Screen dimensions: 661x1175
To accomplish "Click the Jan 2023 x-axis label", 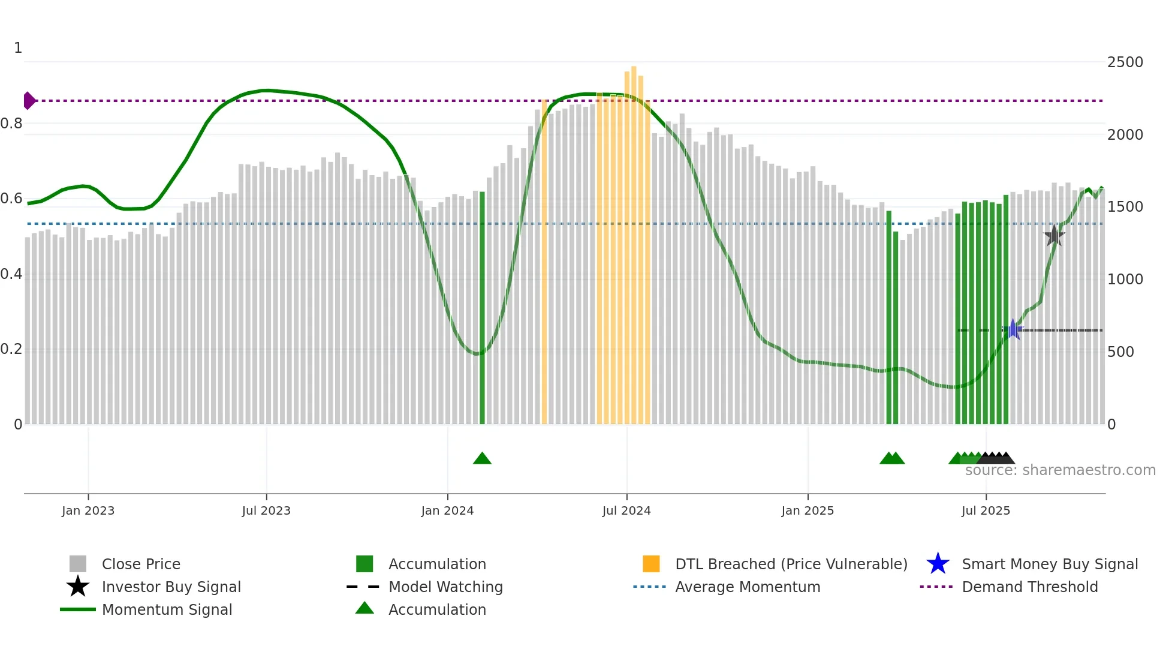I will point(88,510).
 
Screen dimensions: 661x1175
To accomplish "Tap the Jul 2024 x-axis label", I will point(626,510).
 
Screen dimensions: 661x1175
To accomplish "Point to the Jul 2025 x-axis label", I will point(986,510).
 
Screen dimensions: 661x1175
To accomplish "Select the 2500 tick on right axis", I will point(1125,62).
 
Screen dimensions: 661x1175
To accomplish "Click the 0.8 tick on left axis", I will point(11,124).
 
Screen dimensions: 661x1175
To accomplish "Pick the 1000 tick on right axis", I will point(1125,280).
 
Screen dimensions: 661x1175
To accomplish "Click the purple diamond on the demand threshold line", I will point(29,101).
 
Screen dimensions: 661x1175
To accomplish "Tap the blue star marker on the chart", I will point(1013,329).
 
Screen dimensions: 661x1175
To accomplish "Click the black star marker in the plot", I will point(1054,236).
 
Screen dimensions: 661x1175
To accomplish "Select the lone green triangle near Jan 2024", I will point(482,459).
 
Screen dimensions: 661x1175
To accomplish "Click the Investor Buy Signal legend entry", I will point(171,587).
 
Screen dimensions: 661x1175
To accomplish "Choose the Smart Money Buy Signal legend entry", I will point(1049,564).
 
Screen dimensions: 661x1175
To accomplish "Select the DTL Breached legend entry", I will point(791,564).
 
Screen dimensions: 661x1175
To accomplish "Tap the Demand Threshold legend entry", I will point(1029,587).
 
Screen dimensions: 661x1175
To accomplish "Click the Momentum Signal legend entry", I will point(167,609).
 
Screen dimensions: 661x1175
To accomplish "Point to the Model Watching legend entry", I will point(445,587).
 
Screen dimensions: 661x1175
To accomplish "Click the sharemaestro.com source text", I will point(1060,470).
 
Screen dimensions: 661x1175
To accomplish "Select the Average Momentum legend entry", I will point(747,587).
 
